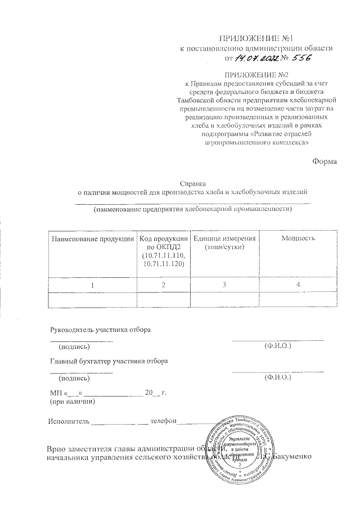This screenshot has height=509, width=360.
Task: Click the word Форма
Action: (324, 162)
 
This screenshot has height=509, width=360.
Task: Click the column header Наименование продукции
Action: (93, 239)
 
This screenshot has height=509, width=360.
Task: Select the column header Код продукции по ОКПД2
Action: (163, 251)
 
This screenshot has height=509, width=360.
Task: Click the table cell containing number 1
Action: (93, 286)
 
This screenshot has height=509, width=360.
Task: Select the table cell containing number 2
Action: (163, 286)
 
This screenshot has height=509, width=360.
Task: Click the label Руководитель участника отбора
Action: (101, 329)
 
